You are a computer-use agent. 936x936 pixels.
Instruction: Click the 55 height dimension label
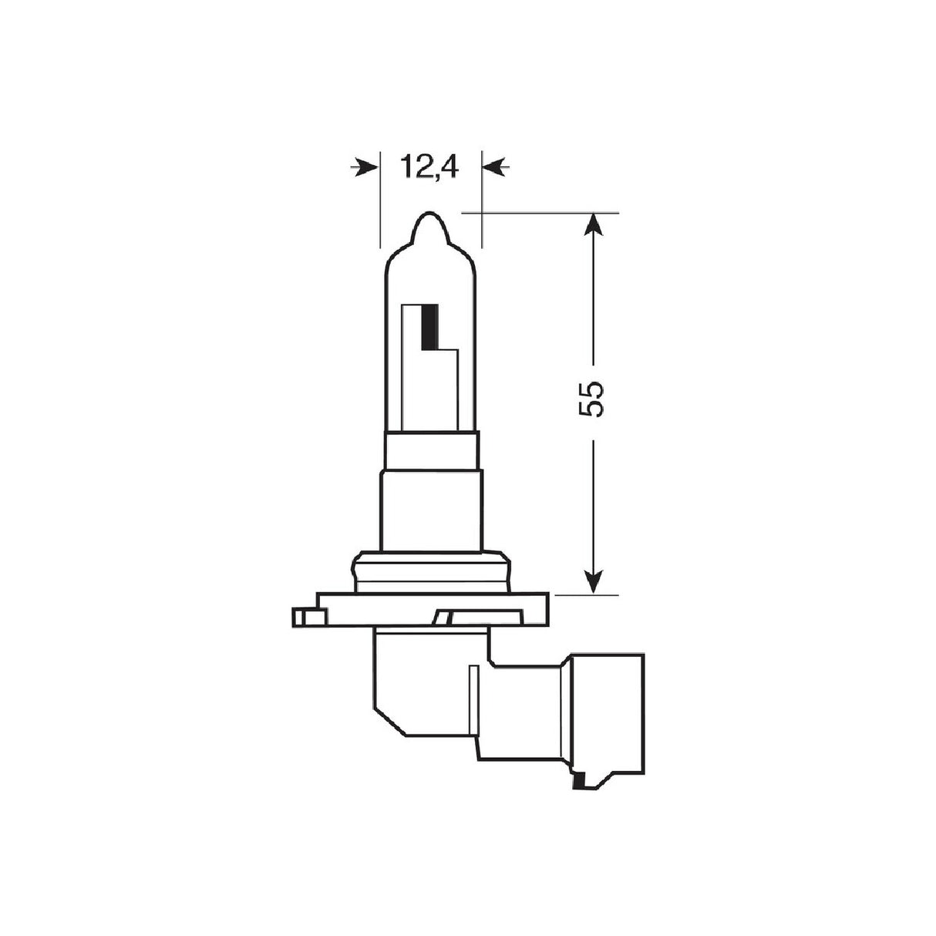coord(593,399)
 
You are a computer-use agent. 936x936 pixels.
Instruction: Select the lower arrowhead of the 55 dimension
coord(593,581)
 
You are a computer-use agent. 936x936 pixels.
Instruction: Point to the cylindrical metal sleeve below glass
coord(430,509)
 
